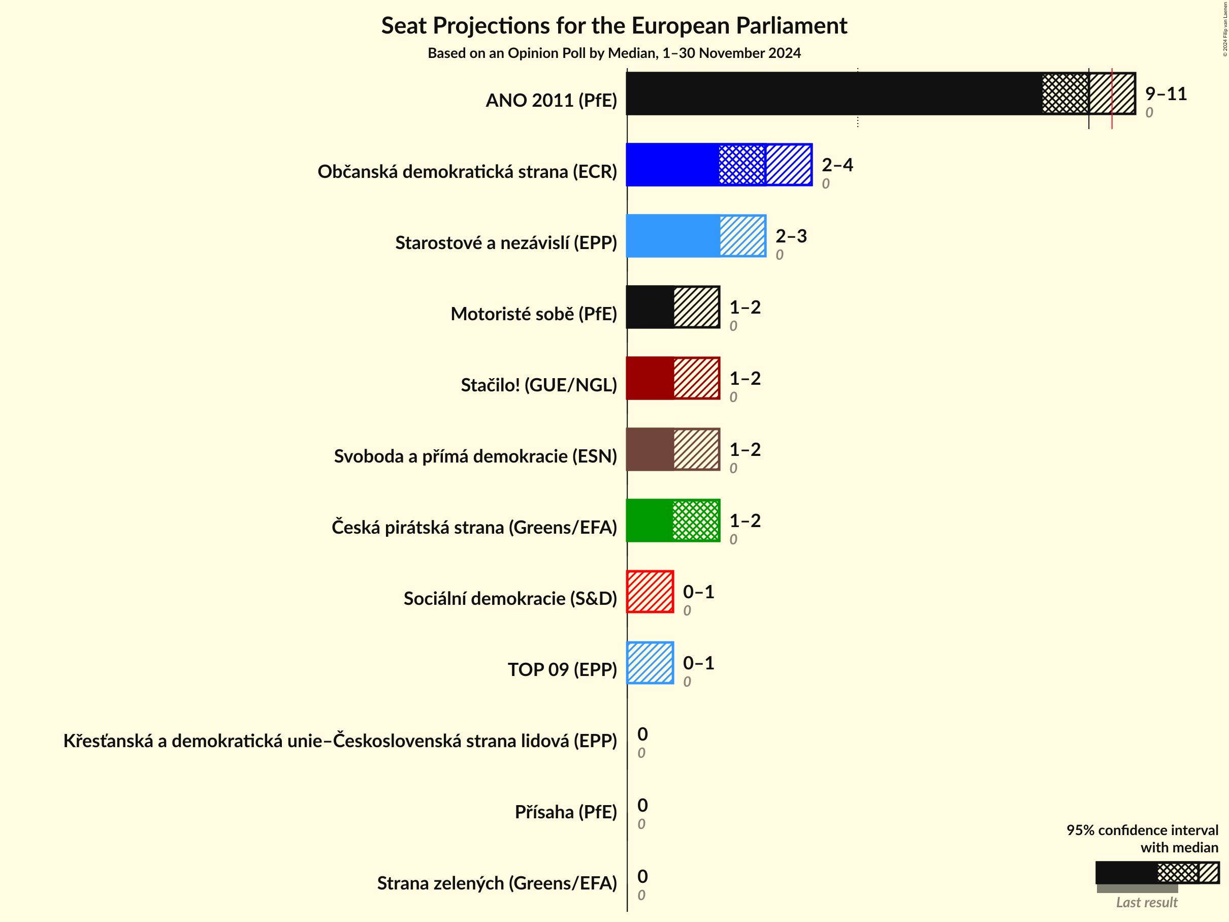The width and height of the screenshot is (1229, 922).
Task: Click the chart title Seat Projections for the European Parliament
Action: (x=614, y=26)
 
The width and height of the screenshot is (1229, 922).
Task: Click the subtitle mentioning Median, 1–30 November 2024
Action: (x=614, y=53)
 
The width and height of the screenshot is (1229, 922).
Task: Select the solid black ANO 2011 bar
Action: (x=833, y=94)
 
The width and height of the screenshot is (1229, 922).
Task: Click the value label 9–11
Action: (x=1166, y=94)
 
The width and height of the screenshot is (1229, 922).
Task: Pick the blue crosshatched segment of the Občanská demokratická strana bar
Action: (x=742, y=165)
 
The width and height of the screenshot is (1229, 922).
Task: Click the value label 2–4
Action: (x=837, y=165)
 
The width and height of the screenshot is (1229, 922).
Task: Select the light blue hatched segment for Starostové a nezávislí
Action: (x=743, y=236)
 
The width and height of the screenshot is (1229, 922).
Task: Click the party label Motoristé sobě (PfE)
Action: (x=533, y=314)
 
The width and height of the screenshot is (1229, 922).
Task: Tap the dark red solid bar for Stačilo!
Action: (x=650, y=378)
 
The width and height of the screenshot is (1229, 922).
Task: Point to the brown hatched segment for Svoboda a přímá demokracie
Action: (x=697, y=449)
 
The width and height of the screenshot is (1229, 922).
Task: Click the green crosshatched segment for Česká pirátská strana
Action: (x=696, y=520)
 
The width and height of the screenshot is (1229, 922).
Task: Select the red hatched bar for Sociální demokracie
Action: (x=650, y=592)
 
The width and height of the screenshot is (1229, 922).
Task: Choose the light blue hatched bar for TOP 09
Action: (x=650, y=663)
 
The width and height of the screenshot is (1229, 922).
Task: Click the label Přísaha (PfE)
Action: (x=566, y=812)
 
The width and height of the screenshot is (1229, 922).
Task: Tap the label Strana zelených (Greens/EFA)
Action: (x=497, y=883)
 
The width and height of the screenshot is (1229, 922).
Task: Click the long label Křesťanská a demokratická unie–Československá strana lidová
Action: (x=340, y=741)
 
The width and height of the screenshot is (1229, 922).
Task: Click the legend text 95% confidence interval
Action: (x=1142, y=830)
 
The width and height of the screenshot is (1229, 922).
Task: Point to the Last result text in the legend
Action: (x=1146, y=903)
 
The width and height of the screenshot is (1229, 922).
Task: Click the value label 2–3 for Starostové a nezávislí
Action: (x=791, y=236)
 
